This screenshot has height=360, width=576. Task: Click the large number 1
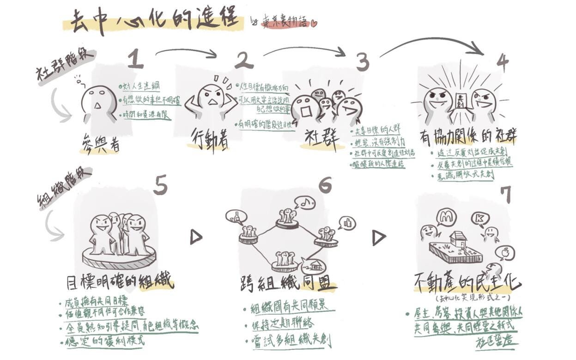tap(135, 59)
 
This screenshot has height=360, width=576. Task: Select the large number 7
tap(507, 195)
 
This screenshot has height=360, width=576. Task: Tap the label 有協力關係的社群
tap(468, 136)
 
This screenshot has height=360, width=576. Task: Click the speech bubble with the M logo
tap(447, 217)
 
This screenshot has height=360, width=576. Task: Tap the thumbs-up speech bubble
tap(346, 223)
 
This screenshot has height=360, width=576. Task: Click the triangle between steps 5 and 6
tap(196, 238)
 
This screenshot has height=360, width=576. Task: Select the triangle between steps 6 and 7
tap(379, 238)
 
